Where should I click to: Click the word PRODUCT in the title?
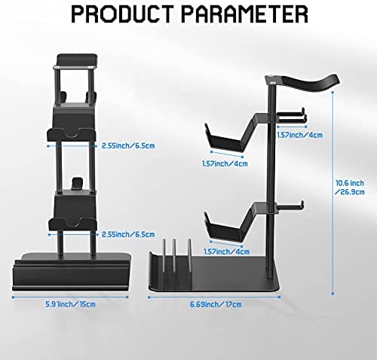(122, 14)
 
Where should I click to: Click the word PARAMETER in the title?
(244, 14)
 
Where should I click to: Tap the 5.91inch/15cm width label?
(70, 304)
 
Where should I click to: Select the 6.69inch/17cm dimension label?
(216, 304)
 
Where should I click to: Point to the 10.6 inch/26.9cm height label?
(350, 188)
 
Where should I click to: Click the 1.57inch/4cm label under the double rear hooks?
(299, 135)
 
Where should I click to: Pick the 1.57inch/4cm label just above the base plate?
(226, 252)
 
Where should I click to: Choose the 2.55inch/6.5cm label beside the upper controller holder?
(128, 145)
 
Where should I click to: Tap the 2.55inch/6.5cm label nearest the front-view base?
(128, 234)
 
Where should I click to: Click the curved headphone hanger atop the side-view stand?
(302, 84)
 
